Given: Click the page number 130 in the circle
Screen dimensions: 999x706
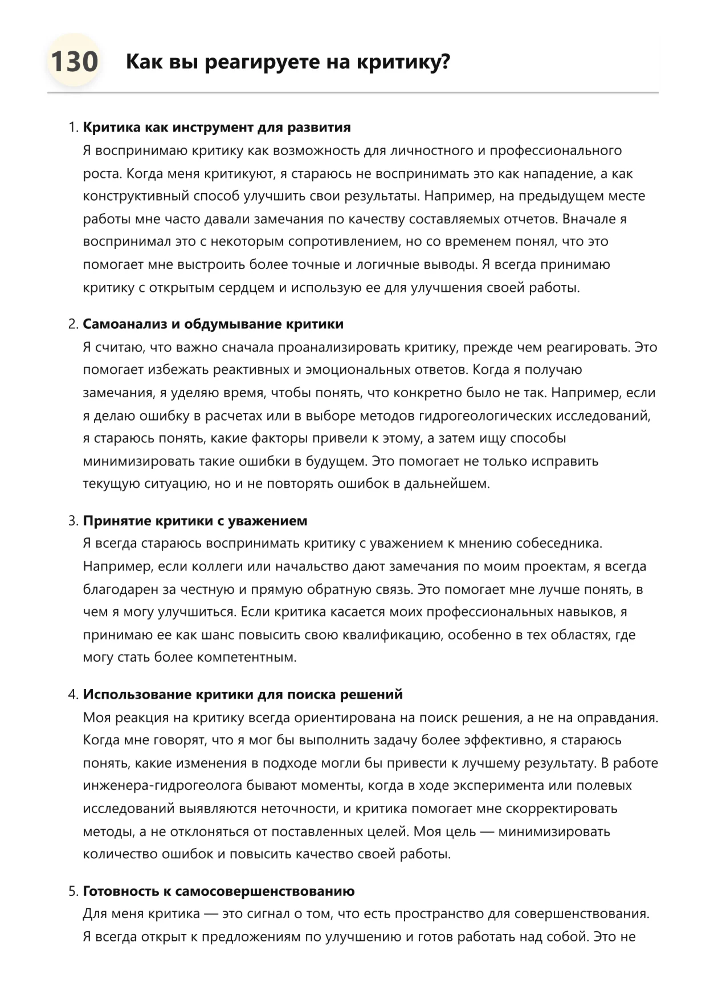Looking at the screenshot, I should click(74, 62).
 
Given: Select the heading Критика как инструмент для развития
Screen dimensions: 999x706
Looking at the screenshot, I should click(217, 127).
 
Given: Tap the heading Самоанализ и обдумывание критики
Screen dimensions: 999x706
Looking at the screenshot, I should click(213, 324).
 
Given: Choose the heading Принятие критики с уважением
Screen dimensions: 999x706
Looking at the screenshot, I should click(195, 521).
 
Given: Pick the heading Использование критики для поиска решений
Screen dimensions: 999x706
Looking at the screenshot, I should click(243, 695).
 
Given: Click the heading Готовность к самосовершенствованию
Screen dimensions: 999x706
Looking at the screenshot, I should click(219, 891).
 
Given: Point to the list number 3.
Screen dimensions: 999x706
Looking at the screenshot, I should click(72, 521).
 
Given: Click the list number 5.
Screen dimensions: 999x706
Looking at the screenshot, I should click(72, 891).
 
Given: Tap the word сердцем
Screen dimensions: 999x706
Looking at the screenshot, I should click(246, 288).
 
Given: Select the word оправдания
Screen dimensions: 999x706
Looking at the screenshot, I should click(617, 717).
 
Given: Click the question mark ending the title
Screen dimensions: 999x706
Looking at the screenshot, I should click(445, 62).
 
